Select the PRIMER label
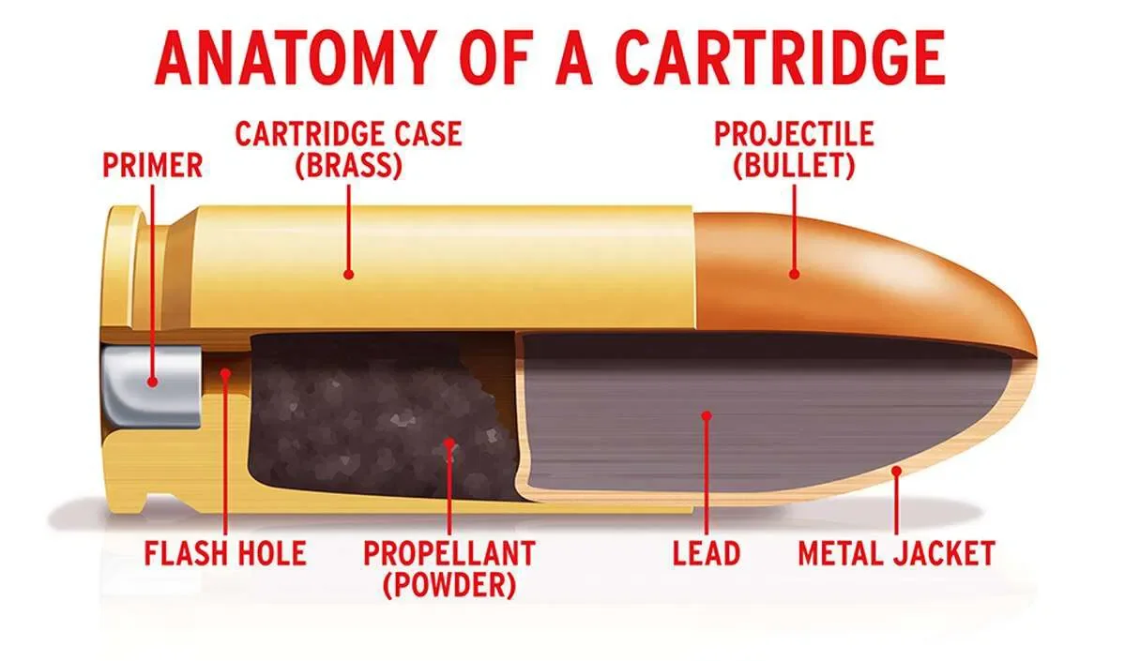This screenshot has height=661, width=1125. click(153, 166)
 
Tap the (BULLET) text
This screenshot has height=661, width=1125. click(794, 166)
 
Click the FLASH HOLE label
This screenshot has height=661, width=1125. click(224, 552)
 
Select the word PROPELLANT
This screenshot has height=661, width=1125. click(449, 552)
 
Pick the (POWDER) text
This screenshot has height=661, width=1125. click(449, 585)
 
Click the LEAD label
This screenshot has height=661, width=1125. click(706, 552)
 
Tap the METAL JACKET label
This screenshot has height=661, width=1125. click(895, 552)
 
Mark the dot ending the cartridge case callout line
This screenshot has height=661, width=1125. click(348, 275)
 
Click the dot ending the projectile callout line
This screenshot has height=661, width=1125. click(794, 275)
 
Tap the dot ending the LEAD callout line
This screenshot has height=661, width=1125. click(706, 413)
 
